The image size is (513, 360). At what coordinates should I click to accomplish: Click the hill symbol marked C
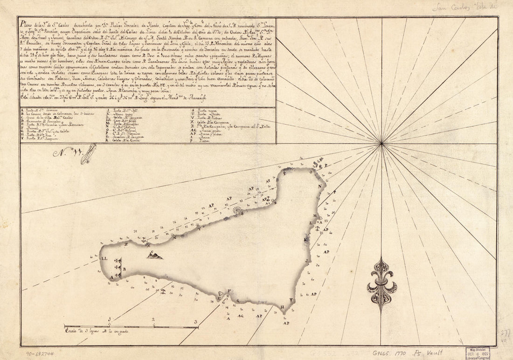156,254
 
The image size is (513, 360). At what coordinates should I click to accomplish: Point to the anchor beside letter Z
144,240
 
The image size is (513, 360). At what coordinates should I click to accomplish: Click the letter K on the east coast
305,239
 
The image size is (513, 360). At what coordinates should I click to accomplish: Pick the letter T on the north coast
200,229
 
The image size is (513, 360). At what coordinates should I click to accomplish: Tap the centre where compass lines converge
382,144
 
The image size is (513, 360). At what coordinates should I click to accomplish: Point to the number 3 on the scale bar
196,322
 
